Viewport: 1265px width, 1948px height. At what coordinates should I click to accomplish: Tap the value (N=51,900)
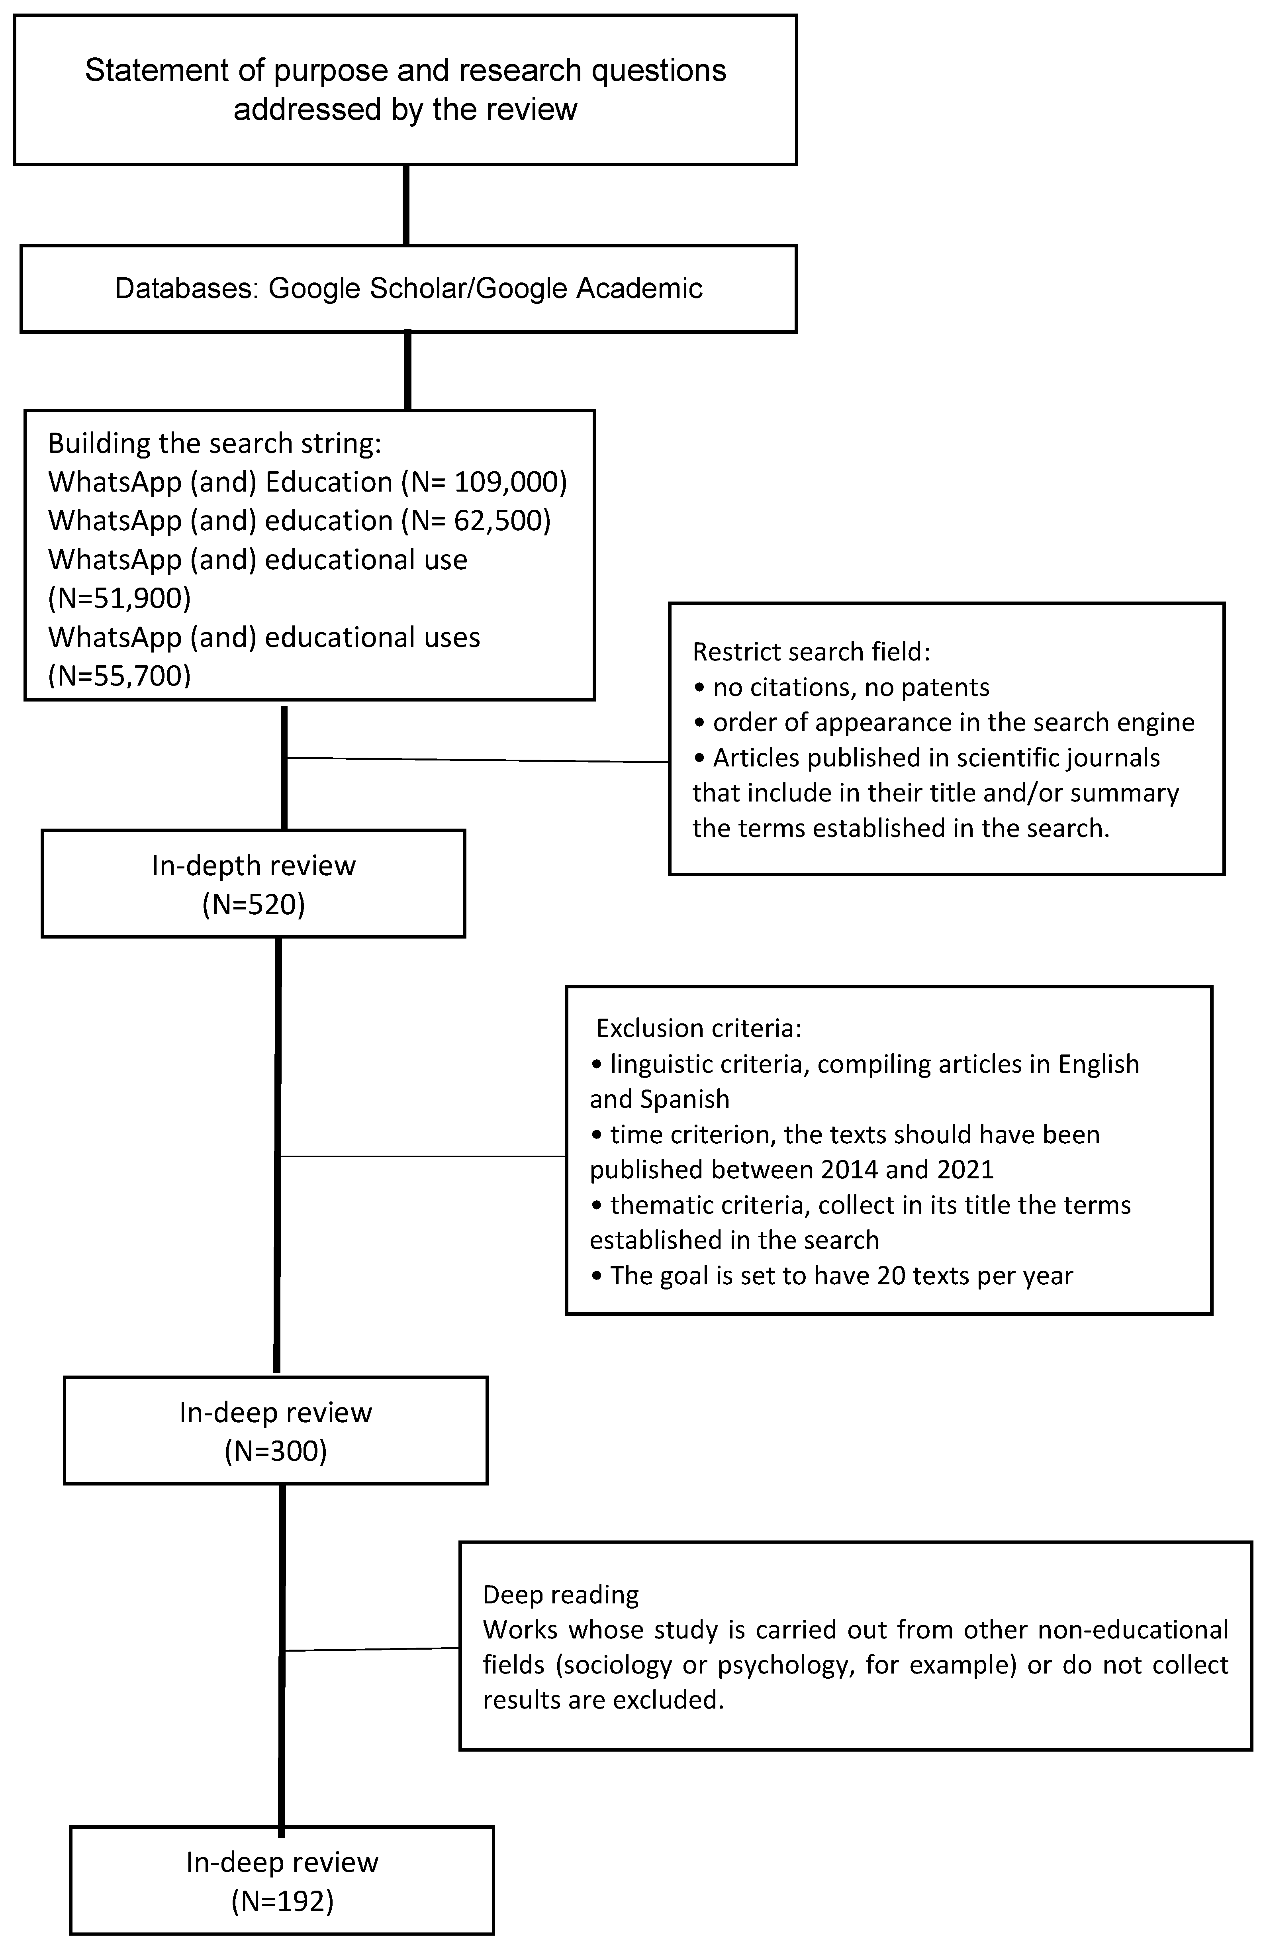(x=119, y=598)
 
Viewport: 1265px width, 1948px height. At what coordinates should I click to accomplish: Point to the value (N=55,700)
(x=119, y=676)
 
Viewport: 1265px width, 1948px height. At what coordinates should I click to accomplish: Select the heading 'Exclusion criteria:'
(x=699, y=1028)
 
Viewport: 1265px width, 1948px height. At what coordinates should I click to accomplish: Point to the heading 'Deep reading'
(x=560, y=1594)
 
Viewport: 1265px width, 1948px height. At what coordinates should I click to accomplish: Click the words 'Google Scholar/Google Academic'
(x=485, y=289)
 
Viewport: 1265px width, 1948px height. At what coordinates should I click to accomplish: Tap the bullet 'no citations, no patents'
(x=849, y=688)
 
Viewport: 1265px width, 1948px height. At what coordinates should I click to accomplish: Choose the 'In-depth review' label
(x=254, y=866)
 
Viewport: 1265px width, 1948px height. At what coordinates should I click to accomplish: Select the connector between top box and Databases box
(x=407, y=205)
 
